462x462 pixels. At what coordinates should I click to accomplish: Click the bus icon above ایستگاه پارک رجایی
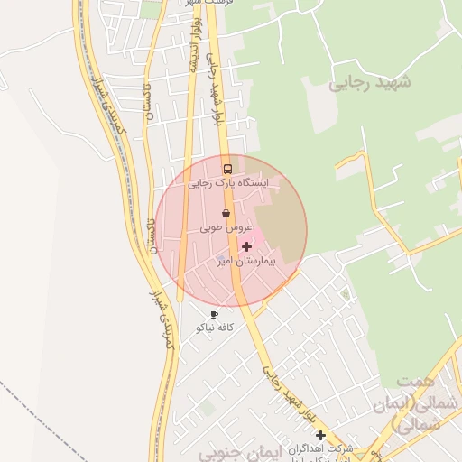[x=226, y=169]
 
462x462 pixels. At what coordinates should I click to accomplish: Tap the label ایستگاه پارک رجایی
[x=228, y=183]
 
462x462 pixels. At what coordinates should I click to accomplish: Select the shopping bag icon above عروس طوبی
[x=226, y=214]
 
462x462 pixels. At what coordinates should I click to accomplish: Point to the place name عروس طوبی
[x=225, y=229]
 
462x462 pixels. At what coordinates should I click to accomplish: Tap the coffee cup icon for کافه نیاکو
[x=214, y=314]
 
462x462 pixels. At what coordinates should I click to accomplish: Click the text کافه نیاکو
[x=215, y=328]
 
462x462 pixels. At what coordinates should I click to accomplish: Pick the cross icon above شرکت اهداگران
[x=320, y=435]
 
